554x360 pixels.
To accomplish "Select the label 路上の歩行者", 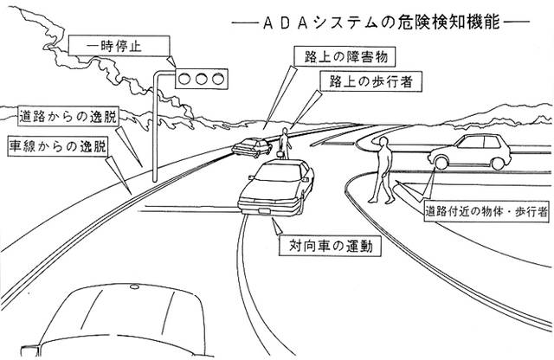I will [356, 80].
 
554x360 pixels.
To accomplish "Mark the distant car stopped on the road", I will [250, 145].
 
